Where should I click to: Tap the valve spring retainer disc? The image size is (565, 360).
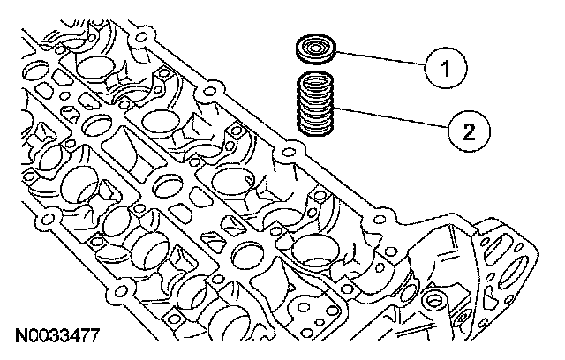click(x=315, y=49)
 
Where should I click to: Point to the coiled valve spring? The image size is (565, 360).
click(x=316, y=106)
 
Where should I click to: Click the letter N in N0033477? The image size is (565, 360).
click(x=19, y=336)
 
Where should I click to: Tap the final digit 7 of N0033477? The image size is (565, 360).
click(x=94, y=336)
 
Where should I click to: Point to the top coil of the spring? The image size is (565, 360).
click(x=316, y=82)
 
